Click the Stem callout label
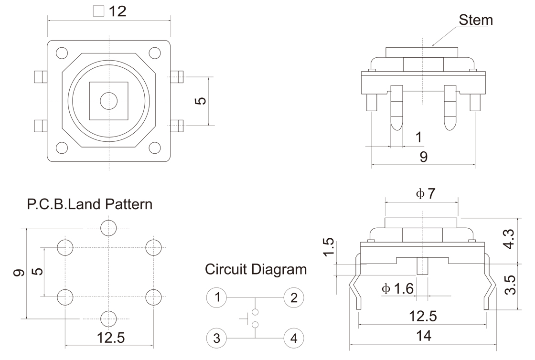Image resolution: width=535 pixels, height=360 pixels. click(475, 20)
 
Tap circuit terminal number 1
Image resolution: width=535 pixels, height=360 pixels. click(217, 298)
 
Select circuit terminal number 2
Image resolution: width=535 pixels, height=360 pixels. click(294, 298)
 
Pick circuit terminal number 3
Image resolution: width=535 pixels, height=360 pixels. click(217, 339)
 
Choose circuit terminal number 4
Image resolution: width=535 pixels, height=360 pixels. click(294, 339)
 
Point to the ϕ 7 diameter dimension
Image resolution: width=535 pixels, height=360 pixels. click(426, 194)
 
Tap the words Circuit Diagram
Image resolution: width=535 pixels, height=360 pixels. click(256, 269)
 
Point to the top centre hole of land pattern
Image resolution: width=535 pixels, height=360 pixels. click(109, 228)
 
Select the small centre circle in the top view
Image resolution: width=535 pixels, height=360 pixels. click(109, 101)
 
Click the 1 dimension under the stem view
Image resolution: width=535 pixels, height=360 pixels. click(418, 138)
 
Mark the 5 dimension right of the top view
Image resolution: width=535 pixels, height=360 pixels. click(201, 101)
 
